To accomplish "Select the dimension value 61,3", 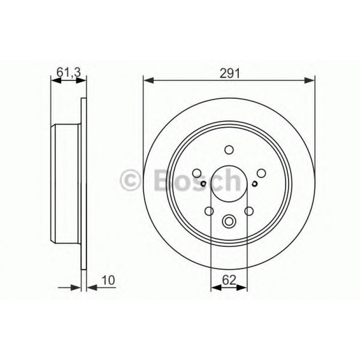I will tap(68, 71).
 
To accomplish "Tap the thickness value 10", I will tap(109, 280).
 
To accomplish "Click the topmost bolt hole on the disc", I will tap(229, 150).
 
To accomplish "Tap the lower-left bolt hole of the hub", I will tap(209, 211).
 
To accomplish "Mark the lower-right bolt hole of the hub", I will tap(249, 211).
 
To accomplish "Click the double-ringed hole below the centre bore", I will tap(229, 220).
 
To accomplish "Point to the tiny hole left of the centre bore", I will tap(203, 183).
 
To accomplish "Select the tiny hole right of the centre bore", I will tap(254, 183).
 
